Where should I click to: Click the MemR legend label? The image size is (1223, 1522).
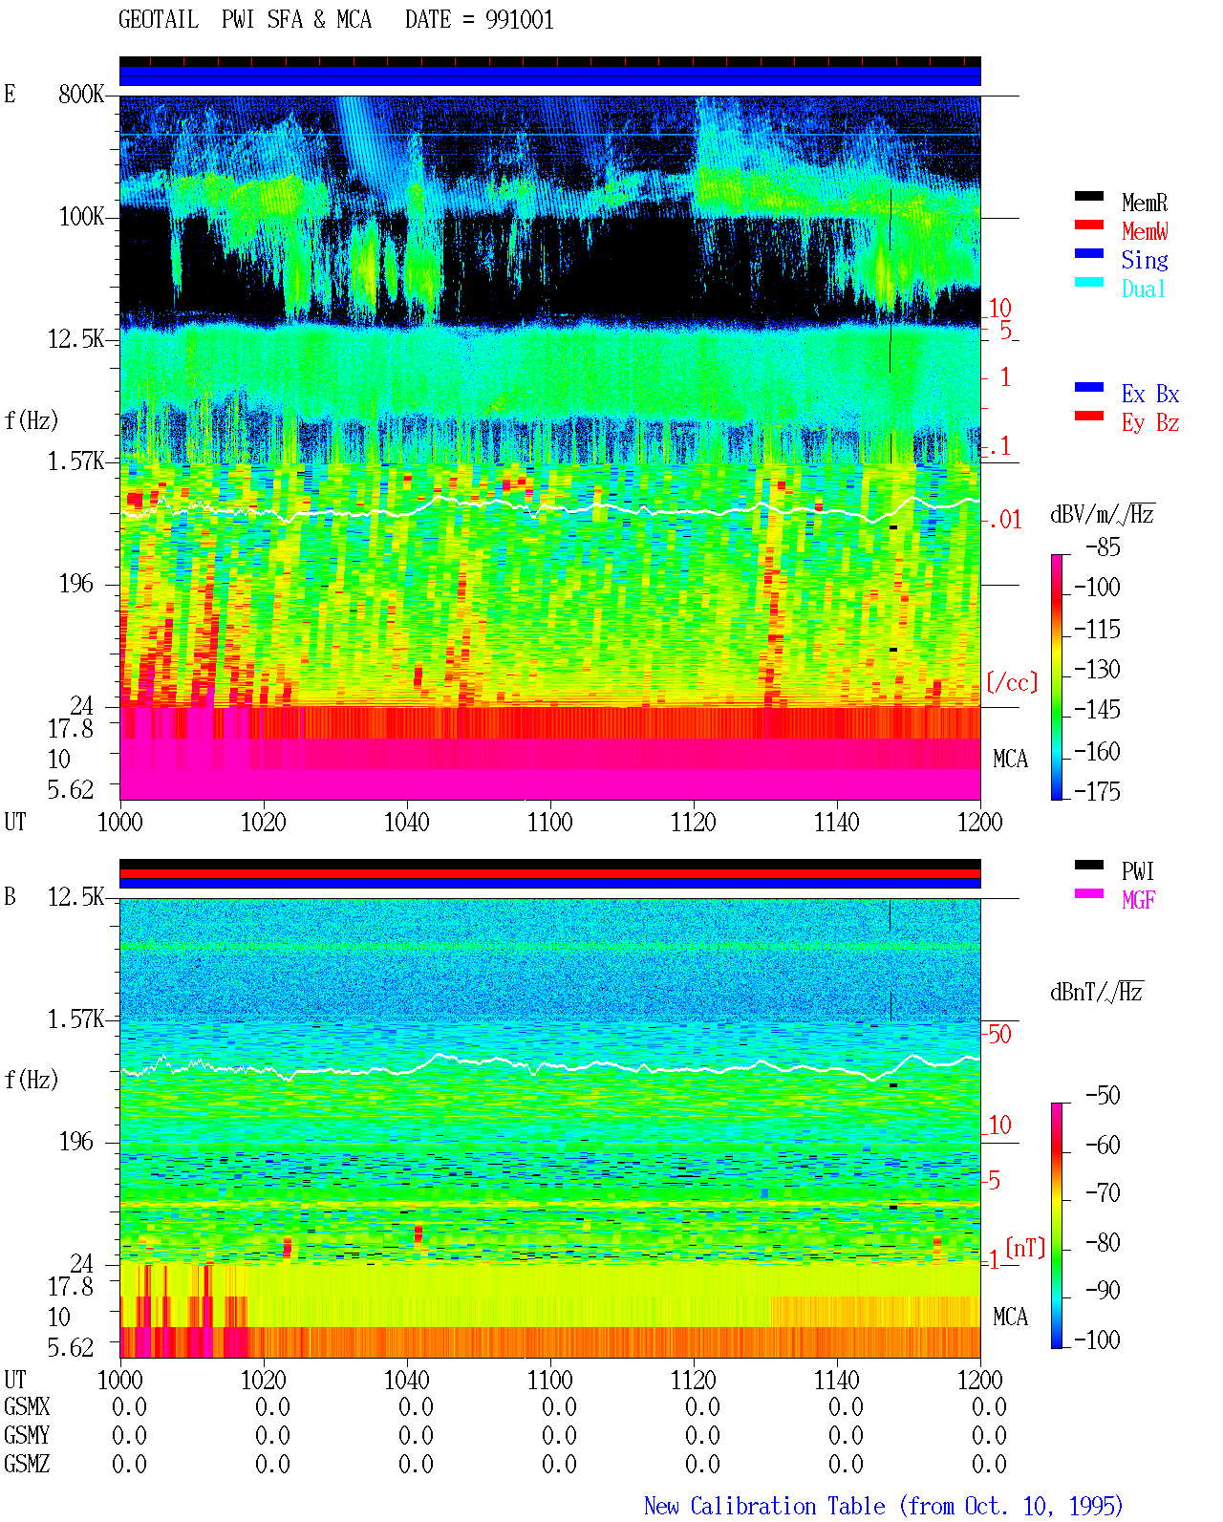1144,203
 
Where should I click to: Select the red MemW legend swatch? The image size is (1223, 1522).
1088,225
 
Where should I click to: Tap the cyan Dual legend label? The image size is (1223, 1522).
1143,289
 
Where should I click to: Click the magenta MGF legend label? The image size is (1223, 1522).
1138,900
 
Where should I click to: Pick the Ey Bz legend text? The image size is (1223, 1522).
1150,423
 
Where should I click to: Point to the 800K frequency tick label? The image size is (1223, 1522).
81,94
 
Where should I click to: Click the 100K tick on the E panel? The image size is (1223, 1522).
81,217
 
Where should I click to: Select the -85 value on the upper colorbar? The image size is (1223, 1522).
1103,547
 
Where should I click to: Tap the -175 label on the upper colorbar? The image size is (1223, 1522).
1097,791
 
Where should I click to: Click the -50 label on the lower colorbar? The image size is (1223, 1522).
1103,1096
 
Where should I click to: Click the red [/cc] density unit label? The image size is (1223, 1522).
1012,682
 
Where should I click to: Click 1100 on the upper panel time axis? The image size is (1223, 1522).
549,823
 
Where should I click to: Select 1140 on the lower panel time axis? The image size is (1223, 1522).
837,1380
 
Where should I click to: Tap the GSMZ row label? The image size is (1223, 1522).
27,1464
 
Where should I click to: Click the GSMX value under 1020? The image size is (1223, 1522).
272,1406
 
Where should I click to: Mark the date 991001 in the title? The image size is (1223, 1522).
519,20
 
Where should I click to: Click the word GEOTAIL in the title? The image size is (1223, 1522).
159,20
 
